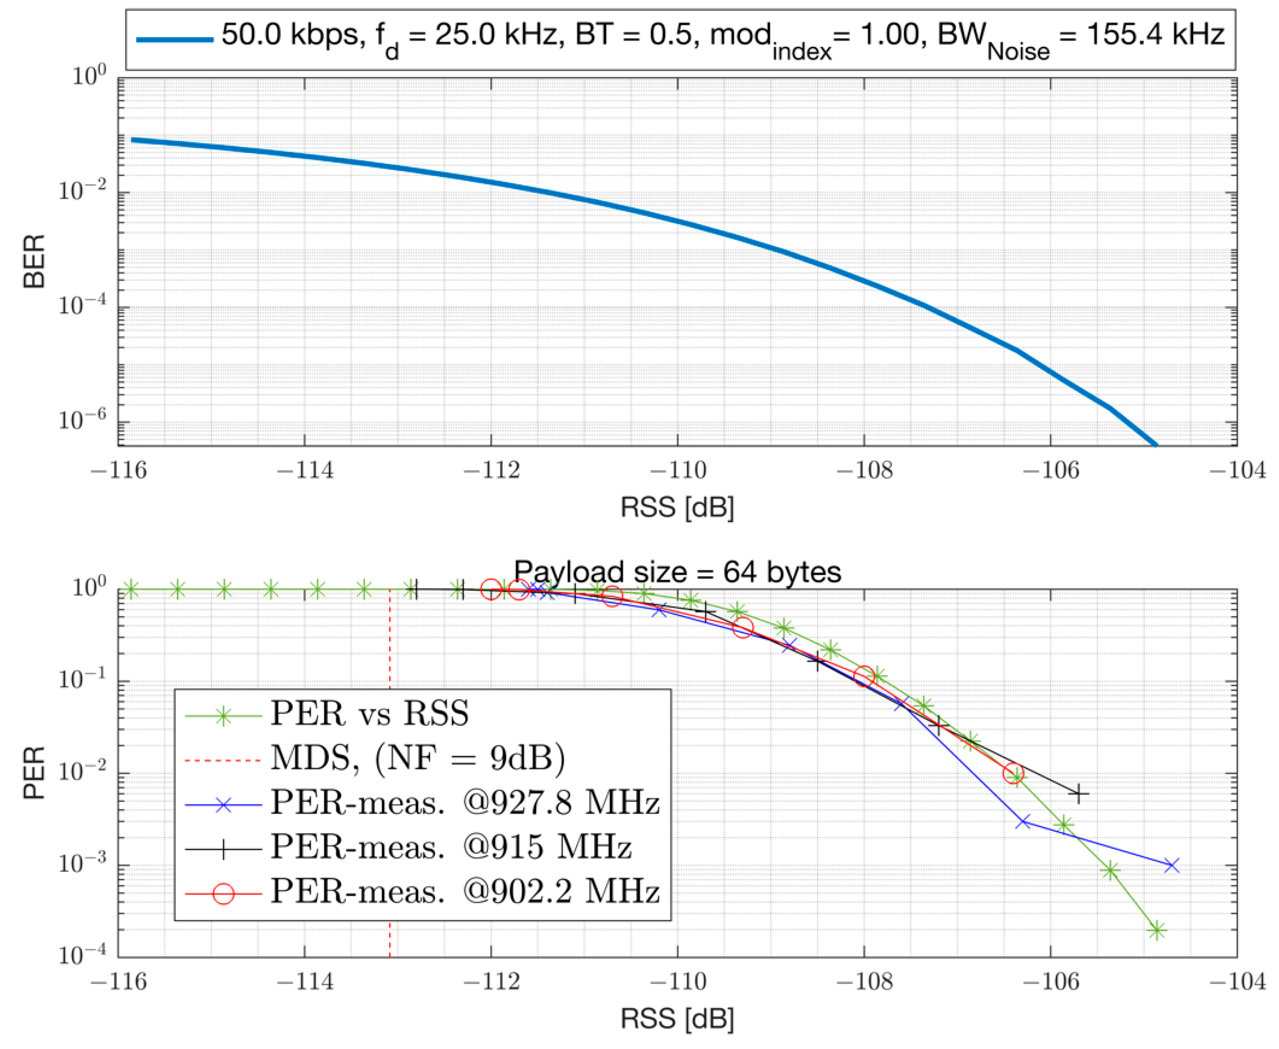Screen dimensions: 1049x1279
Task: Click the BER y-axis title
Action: point(34,262)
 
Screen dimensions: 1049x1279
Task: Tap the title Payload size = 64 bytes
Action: point(677,572)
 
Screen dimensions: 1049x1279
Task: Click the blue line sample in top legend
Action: point(175,40)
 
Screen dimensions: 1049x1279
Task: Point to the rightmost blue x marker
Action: point(1172,865)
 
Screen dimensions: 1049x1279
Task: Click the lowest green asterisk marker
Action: point(1156,931)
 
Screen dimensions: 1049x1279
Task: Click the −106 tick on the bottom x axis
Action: point(1050,981)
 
